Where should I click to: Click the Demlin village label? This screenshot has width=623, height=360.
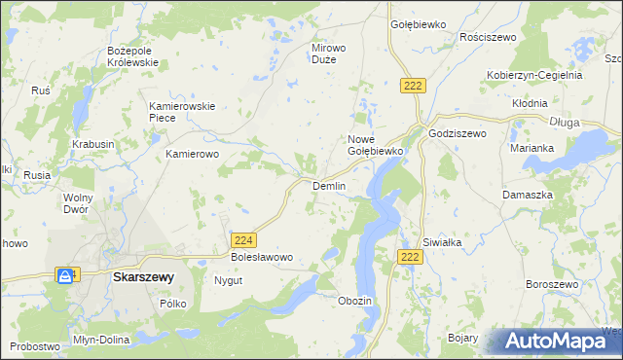click(328, 186)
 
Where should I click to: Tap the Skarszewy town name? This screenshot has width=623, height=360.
click(143, 276)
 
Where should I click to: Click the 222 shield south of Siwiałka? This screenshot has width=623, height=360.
click(410, 256)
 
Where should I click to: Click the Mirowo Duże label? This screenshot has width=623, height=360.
click(329, 54)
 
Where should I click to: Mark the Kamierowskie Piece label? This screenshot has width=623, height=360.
click(175, 111)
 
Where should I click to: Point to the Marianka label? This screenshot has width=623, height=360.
click(531, 148)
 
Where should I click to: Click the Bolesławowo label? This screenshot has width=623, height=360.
click(261, 257)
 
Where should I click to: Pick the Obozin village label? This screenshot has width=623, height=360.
click(354, 301)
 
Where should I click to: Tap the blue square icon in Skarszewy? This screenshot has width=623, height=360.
click(64, 276)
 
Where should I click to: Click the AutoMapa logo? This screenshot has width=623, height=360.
click(559, 342)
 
